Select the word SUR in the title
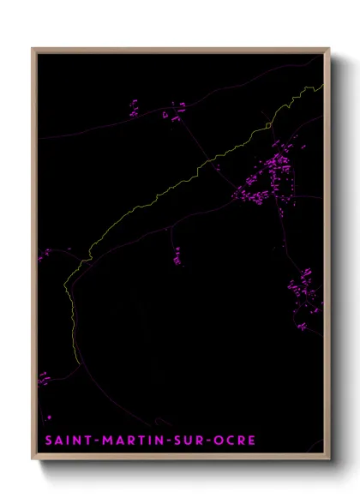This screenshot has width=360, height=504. (188, 441)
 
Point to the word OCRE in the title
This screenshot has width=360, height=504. (236, 441)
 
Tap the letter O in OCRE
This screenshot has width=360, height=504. (220, 441)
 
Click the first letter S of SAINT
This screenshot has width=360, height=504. (48, 441)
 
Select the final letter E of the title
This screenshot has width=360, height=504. (251, 441)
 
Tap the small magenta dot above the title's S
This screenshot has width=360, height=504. (49, 417)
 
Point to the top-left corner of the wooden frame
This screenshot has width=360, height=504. (33, 48)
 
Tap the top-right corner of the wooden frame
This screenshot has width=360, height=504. (331, 48)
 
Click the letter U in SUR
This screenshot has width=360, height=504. (188, 441)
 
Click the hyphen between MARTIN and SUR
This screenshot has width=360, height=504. (165, 441)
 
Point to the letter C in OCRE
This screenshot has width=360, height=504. (231, 441)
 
